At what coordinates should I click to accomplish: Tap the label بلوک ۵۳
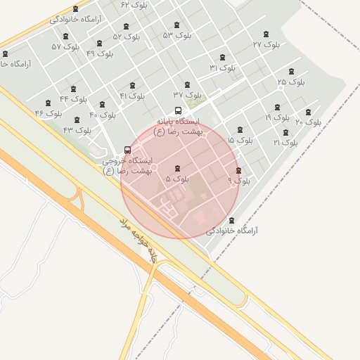click(x=177, y=35)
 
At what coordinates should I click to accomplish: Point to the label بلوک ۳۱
click(x=223, y=67)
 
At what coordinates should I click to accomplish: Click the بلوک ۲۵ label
click(x=291, y=82)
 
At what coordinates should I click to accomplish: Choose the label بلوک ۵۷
click(x=65, y=47)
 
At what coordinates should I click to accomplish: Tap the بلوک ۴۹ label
click(x=100, y=53)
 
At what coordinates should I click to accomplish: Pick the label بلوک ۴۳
click(x=77, y=130)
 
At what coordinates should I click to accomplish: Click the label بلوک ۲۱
click(x=285, y=143)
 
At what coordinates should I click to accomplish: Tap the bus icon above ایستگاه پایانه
click(x=178, y=110)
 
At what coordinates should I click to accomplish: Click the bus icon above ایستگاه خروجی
click(x=127, y=150)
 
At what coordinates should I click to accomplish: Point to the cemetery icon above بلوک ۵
click(x=177, y=169)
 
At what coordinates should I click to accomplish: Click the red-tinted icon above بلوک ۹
click(x=238, y=171)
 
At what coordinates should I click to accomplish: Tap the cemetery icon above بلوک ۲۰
click(x=308, y=112)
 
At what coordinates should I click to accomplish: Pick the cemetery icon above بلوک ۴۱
click(x=132, y=86)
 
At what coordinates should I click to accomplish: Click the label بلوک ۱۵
click(x=240, y=141)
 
